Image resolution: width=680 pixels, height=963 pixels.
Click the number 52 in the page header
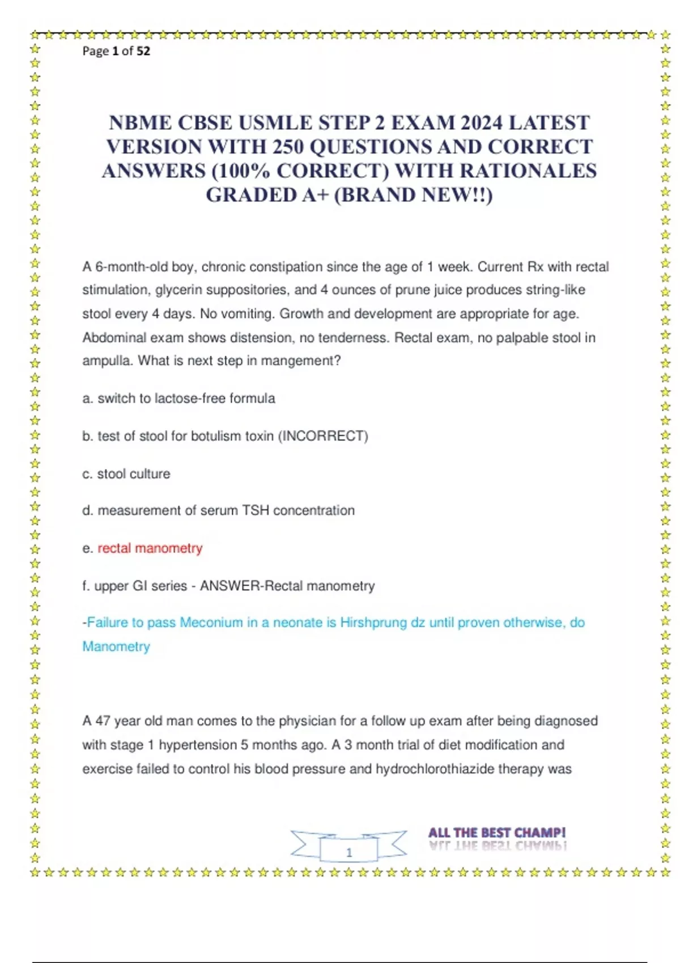[x=143, y=51]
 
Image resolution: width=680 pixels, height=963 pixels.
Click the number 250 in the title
[x=288, y=147]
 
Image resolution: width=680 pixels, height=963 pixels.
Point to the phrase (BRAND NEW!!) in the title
[x=414, y=195]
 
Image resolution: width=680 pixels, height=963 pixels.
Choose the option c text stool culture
[x=134, y=474]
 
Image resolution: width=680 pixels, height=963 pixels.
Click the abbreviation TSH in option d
[x=255, y=510]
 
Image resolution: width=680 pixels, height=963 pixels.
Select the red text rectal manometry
[x=150, y=548]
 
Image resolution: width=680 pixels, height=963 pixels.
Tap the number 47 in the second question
[x=103, y=721]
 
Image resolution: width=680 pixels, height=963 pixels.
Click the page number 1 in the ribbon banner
[x=349, y=852]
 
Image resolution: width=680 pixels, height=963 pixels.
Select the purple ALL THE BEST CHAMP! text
[x=496, y=833]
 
